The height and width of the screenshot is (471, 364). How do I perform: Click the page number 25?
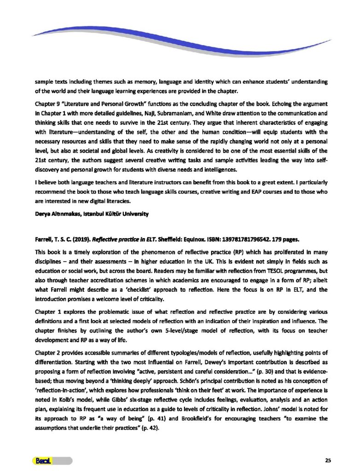(328, 460)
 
